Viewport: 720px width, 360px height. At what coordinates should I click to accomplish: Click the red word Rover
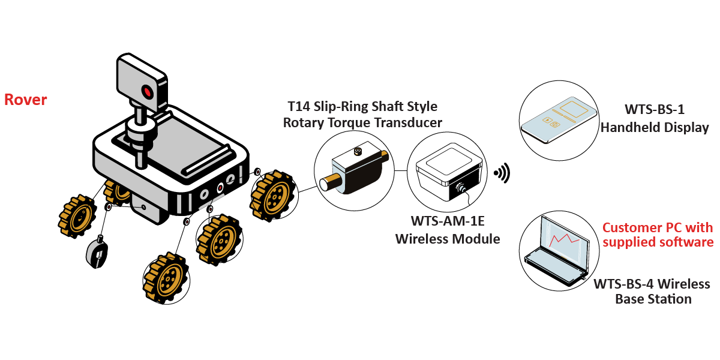pyautogui.click(x=26, y=100)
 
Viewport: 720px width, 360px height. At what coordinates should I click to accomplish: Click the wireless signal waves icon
pyautogui.click(x=502, y=173)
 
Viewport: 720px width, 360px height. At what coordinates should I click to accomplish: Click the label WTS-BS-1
pyautogui.click(x=654, y=110)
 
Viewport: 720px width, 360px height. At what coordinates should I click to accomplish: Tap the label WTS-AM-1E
pyautogui.click(x=447, y=221)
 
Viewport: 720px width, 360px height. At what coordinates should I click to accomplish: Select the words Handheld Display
pyautogui.click(x=655, y=128)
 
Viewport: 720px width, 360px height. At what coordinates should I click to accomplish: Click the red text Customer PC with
pyautogui.click(x=658, y=228)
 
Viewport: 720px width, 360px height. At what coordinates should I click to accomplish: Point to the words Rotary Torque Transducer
pyautogui.click(x=362, y=123)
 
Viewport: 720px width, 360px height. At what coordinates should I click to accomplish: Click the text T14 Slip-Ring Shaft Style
pyautogui.click(x=362, y=107)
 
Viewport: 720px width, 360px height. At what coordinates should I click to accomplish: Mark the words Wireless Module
pyautogui.click(x=447, y=239)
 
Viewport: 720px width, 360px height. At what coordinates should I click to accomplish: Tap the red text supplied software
pyautogui.click(x=658, y=242)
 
